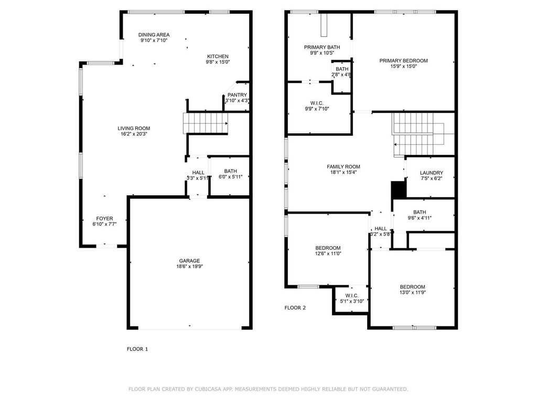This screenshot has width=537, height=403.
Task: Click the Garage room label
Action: tap(189, 261)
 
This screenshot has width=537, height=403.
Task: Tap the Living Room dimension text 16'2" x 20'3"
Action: tap(134, 134)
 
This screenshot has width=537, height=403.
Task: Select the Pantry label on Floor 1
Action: tap(237, 95)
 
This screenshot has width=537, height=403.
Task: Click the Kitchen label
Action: tap(218, 57)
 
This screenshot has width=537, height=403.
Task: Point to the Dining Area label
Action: tap(154, 35)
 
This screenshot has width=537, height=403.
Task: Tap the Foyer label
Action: tap(104, 219)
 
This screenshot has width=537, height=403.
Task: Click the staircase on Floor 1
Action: tap(206, 123)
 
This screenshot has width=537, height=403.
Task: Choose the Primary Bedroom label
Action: tap(403, 61)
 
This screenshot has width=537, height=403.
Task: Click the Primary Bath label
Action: tap(322, 47)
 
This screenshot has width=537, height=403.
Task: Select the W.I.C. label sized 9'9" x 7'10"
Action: tap(317, 103)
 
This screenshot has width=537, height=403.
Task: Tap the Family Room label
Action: tap(343, 167)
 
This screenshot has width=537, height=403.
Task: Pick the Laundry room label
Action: tap(432, 173)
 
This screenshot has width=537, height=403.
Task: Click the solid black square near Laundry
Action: tap(399, 189)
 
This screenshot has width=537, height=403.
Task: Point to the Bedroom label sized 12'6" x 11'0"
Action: tap(328, 248)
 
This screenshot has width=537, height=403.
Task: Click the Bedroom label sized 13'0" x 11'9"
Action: tap(412, 287)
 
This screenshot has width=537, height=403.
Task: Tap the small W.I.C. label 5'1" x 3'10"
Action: tap(352, 296)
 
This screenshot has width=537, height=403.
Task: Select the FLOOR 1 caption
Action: tap(137, 349)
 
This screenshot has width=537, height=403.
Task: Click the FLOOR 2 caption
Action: tap(295, 307)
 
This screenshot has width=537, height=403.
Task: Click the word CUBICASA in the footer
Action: tap(208, 389)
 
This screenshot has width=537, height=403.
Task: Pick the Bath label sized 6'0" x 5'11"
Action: tap(231, 171)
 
